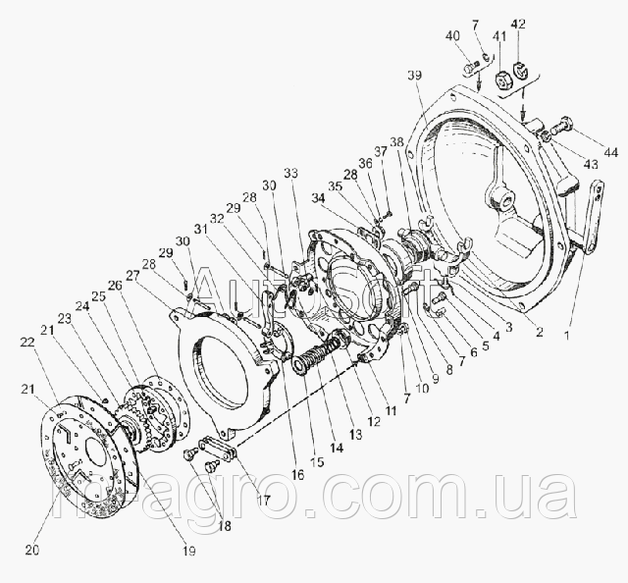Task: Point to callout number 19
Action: [x=189, y=552]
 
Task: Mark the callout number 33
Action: [x=289, y=174]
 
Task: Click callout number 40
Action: [x=452, y=36]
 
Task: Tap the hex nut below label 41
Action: [x=498, y=79]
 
